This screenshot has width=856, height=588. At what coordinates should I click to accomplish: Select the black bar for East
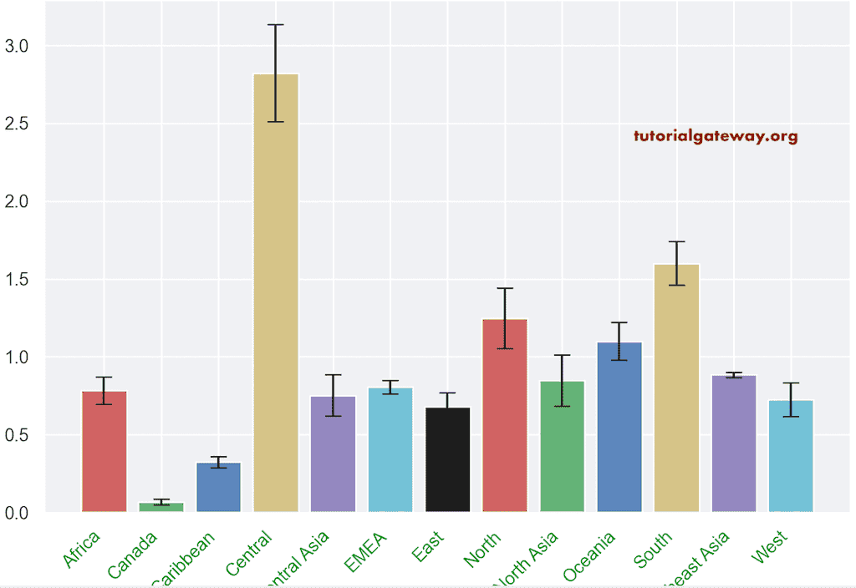pyautogui.click(x=448, y=459)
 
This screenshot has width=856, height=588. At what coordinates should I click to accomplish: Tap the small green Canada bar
pyautogui.click(x=161, y=506)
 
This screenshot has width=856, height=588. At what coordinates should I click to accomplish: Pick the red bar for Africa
pyautogui.click(x=104, y=451)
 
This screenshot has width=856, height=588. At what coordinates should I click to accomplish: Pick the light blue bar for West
pyautogui.click(x=791, y=455)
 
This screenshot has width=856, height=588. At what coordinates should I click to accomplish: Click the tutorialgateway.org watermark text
pyautogui.click(x=716, y=136)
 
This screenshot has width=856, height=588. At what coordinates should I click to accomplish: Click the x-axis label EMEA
pyautogui.click(x=366, y=551)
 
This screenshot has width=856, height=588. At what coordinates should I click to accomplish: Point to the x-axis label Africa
pyautogui.click(x=82, y=550)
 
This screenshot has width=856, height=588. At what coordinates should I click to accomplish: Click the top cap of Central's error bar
pyautogui.click(x=276, y=25)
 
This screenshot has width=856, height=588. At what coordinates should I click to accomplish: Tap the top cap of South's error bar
pyautogui.click(x=676, y=241)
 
